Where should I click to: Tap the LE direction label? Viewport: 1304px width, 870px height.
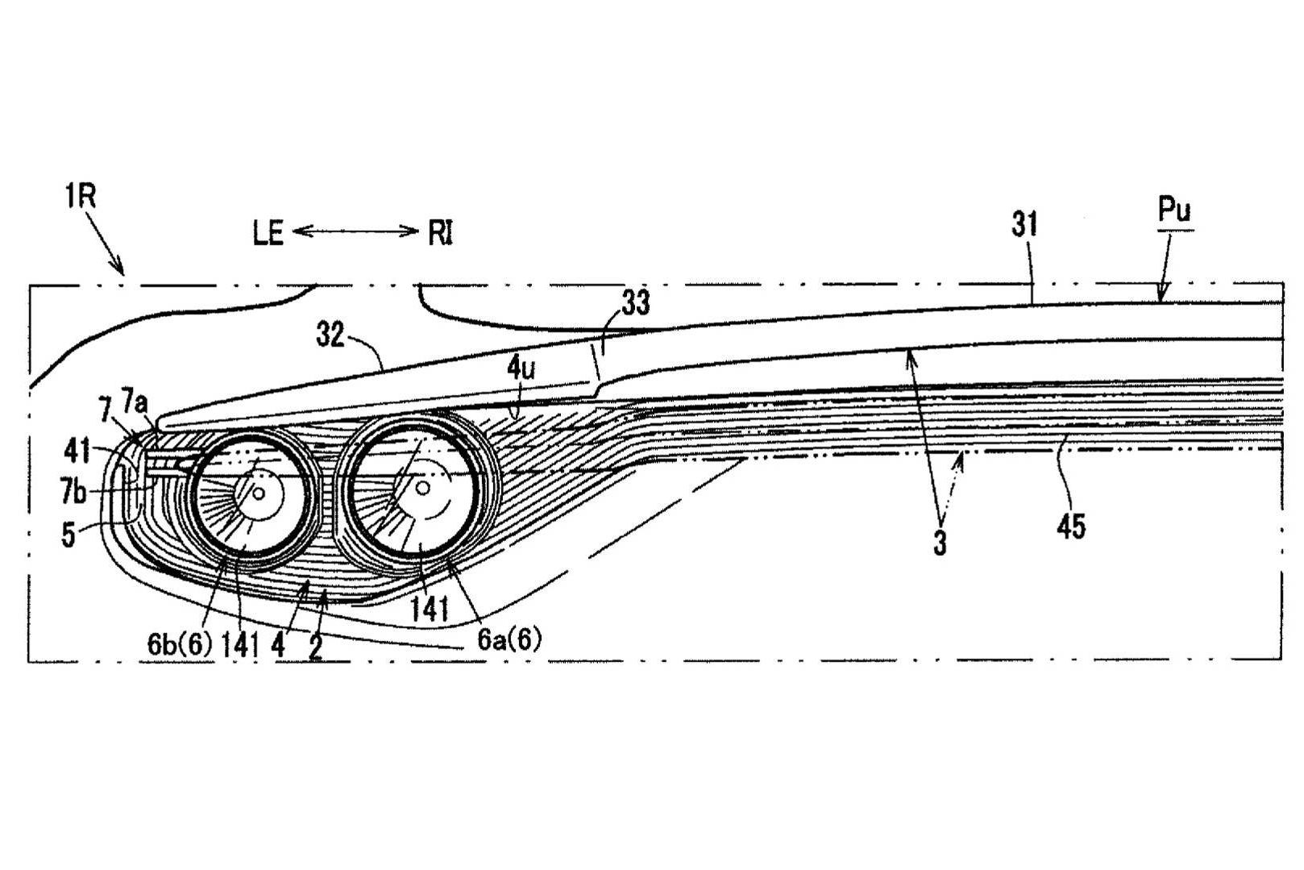point(268,234)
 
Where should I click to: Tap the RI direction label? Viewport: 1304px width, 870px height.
point(440,234)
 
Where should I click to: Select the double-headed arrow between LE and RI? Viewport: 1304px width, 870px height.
point(355,231)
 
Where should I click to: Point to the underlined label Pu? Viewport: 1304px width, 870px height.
point(1174,210)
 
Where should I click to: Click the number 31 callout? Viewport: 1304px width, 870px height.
point(1024,225)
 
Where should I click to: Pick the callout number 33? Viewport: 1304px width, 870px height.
point(636,303)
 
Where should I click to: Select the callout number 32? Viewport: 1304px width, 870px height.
point(330,335)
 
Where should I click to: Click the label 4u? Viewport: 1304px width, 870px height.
point(521,368)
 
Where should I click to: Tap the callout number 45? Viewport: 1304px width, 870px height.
point(1071,527)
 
